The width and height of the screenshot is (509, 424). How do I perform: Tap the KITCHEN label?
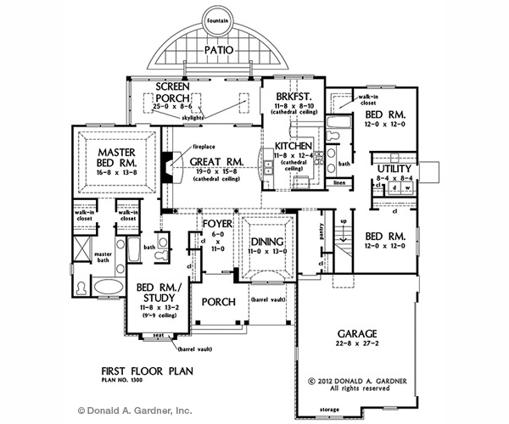[296, 147]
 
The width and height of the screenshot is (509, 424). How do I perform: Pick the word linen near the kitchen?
[338, 182]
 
